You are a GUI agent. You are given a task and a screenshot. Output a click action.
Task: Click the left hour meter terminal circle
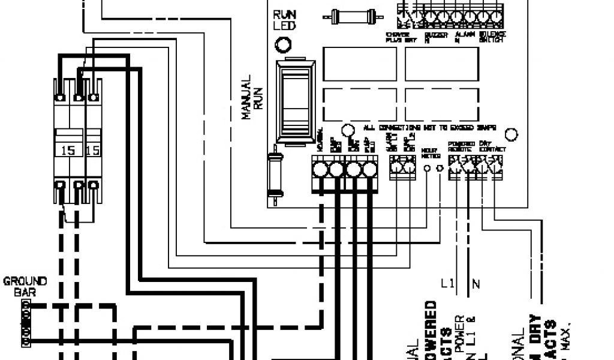click(427, 170)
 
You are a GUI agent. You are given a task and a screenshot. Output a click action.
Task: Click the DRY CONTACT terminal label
click(492, 145)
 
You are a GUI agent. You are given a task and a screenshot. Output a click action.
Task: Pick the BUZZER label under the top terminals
click(432, 37)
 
